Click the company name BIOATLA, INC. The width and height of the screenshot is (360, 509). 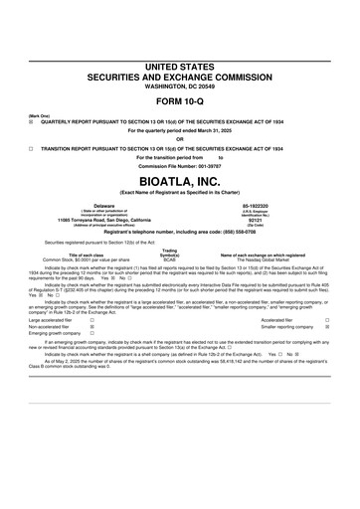(x=180, y=185)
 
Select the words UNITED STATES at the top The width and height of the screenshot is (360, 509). (x=180, y=66)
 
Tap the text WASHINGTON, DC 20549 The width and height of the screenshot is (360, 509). (x=180, y=86)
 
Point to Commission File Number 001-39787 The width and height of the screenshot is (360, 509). (x=180, y=165)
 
